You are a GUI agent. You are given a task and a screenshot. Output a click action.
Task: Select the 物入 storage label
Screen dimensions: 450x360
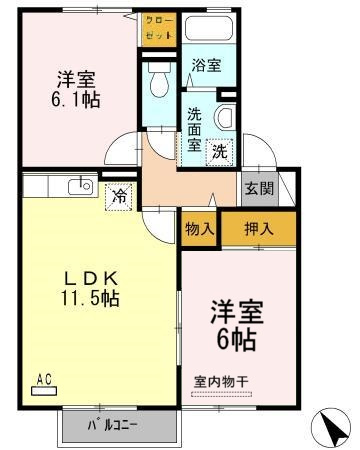(200, 228)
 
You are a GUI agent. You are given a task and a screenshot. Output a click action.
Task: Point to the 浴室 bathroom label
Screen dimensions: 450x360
(207, 65)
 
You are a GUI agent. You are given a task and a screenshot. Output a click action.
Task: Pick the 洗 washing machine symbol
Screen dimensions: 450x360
(220, 152)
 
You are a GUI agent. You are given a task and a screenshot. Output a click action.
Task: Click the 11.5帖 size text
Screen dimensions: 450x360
(89, 298)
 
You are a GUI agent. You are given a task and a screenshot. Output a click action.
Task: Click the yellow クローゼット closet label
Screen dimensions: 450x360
(159, 26)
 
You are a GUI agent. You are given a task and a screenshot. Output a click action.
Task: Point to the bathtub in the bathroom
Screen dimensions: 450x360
(208, 30)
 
